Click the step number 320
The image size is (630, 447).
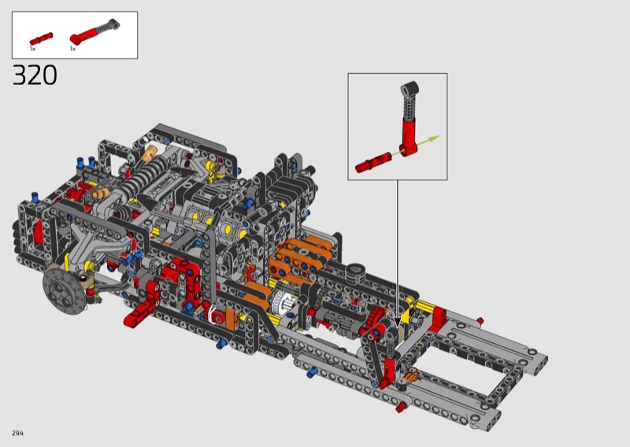(35, 75)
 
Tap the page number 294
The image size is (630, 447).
(17, 433)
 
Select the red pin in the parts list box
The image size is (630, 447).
(41, 39)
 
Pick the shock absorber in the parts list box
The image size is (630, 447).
(94, 31)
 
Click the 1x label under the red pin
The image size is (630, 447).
(32, 49)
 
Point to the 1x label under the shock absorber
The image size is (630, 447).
(72, 49)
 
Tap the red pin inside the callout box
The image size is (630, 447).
(372, 162)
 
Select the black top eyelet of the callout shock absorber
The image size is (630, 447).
(410, 89)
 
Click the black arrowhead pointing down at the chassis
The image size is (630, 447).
(398, 323)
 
